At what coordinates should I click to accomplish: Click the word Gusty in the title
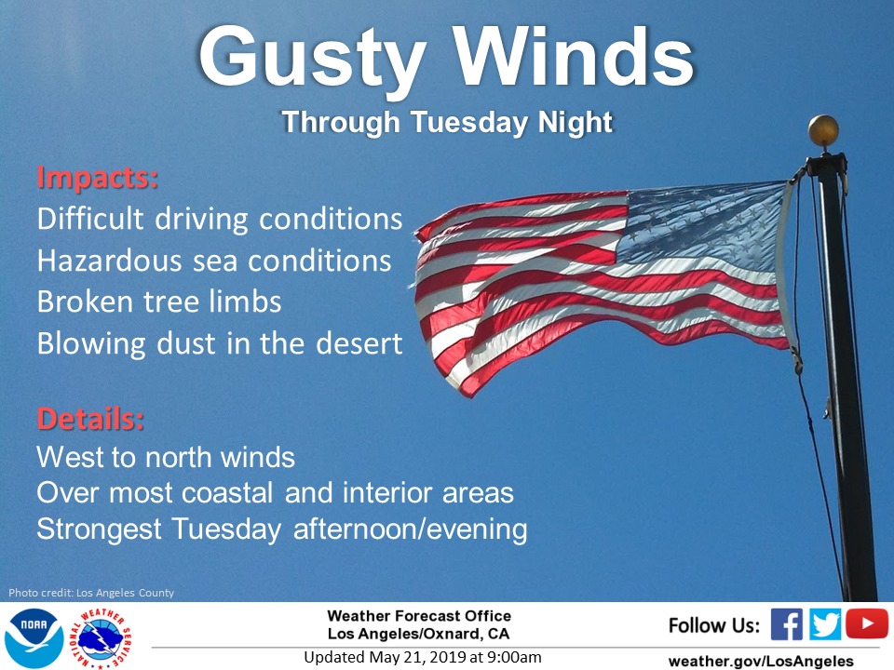[313, 60]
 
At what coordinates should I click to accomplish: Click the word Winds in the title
[575, 57]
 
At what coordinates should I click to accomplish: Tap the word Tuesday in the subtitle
[468, 123]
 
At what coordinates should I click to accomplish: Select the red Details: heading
[90, 419]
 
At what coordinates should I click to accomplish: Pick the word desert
[359, 343]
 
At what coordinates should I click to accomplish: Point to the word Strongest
[100, 529]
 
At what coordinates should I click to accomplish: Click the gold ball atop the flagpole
[823, 130]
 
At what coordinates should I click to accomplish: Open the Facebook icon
[786, 624]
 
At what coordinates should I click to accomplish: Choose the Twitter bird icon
[825, 624]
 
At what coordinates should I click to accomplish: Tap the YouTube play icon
[867, 623]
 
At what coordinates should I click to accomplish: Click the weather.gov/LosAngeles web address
[761, 661]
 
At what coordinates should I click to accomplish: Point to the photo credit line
[91, 593]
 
